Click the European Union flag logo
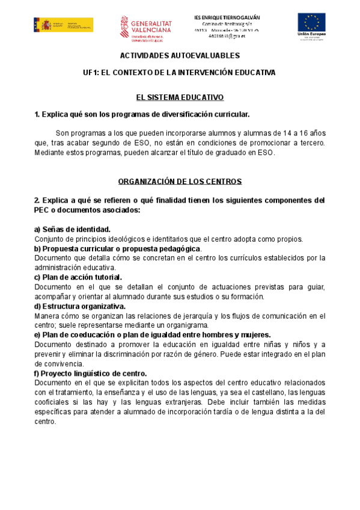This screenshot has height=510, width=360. (311, 23)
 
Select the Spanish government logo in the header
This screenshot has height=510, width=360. (63, 25)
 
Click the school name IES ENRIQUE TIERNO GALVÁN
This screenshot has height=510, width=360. (232, 16)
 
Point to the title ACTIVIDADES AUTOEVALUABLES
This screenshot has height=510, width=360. (180, 55)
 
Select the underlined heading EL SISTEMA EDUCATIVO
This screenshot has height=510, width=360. (180, 97)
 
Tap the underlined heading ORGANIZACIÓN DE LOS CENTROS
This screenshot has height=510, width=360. (180, 181)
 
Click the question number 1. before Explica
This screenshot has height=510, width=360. (37, 114)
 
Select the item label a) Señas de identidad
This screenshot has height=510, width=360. (72, 229)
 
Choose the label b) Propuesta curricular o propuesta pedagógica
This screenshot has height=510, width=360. (118, 248)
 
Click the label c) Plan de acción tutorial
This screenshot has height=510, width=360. (78, 277)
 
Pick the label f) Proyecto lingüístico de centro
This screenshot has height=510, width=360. (91, 373)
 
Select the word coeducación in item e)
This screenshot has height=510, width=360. (96, 335)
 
